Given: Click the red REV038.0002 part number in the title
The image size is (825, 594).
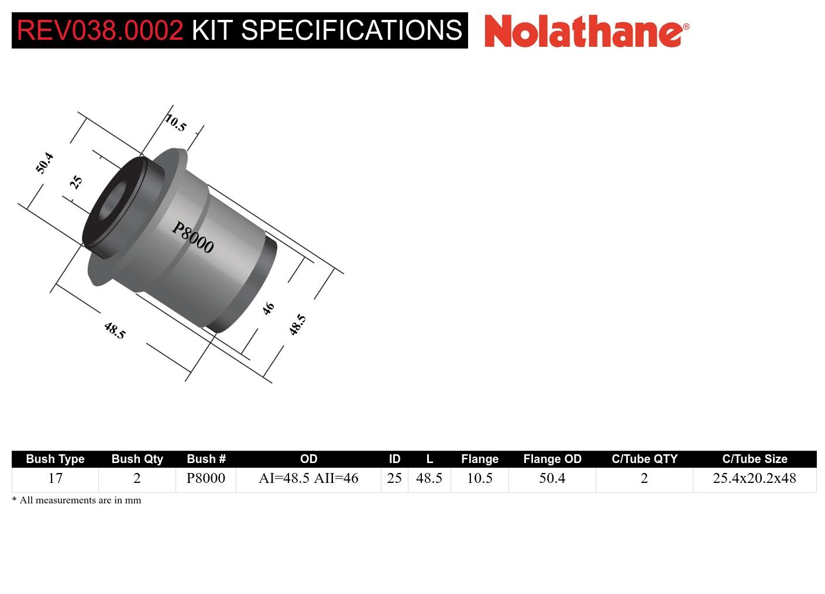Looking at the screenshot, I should [100, 30].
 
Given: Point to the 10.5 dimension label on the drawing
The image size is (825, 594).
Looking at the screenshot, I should [176, 123].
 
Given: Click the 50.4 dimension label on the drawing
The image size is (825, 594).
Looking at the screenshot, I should [44, 163].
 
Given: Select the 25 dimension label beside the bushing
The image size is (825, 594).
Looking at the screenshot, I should [76, 182].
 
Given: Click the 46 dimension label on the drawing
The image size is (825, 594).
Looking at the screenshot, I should [268, 308].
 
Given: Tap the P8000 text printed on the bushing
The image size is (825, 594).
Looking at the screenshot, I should [192, 237].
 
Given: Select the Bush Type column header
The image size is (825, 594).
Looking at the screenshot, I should [55, 459].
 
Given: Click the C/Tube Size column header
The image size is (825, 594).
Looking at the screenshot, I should [754, 459].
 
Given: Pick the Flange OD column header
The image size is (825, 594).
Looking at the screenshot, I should [552, 459].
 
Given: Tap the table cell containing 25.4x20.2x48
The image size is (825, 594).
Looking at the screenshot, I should [754, 478].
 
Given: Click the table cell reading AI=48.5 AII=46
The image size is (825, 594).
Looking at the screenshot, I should [308, 478].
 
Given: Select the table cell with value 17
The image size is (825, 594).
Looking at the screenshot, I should [55, 478].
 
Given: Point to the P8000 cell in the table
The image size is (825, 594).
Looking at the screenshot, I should [206, 478].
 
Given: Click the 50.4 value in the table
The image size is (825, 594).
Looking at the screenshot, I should [552, 478].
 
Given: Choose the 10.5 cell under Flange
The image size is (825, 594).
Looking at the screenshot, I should [479, 478].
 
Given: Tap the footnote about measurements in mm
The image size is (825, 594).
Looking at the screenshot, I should [77, 500].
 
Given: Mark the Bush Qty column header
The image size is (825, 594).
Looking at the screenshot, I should [137, 459].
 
